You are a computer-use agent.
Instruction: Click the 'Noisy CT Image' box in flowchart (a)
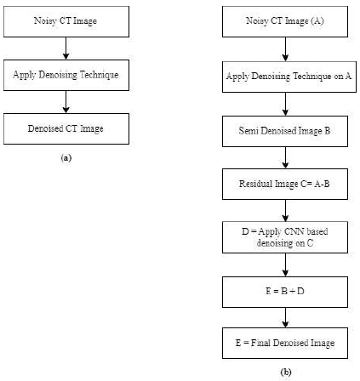(66, 21)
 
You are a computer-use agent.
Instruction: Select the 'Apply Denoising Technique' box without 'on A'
(66, 75)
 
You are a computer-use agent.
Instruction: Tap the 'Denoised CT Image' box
(66, 128)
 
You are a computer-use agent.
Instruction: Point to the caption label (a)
(66, 158)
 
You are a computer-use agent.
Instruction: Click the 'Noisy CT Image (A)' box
(285, 21)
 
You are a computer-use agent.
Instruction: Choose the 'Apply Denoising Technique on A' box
(289, 77)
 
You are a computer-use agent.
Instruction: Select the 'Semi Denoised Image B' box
(285, 131)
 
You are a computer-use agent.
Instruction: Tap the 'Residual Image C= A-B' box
(285, 184)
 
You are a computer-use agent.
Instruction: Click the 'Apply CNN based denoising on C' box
(285, 237)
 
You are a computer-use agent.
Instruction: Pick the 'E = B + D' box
(285, 292)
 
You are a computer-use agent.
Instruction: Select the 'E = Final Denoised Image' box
(285, 343)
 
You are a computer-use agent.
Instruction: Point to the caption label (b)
(286, 372)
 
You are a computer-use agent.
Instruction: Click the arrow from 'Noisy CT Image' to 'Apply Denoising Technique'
(66, 48)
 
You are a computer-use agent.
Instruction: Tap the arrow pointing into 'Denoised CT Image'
(66, 102)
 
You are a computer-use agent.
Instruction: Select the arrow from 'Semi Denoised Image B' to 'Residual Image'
(285, 157)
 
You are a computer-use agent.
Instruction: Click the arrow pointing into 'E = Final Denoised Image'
(285, 317)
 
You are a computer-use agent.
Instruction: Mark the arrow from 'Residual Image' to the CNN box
(285, 211)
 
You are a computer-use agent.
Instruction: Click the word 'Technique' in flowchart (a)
(99, 75)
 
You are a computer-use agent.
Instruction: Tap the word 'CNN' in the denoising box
(294, 231)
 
